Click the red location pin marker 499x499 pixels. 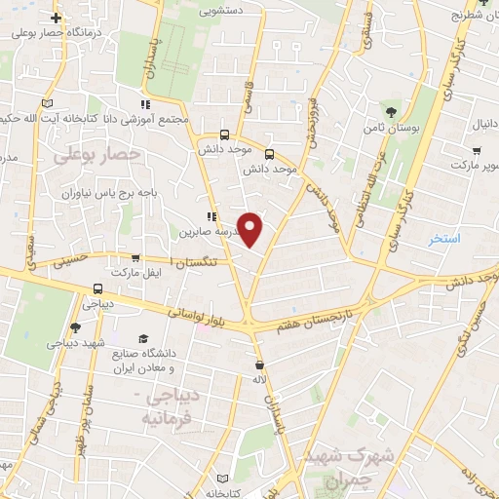[251, 229]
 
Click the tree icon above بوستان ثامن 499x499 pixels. [392, 111]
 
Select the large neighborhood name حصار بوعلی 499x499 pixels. [96, 154]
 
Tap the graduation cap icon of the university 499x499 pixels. [144, 338]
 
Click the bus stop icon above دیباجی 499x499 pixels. [97, 288]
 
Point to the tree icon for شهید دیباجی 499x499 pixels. [75, 327]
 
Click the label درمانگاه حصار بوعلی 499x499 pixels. [59, 32]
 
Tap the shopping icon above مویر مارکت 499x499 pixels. [475, 151]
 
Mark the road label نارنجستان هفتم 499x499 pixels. [308, 322]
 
